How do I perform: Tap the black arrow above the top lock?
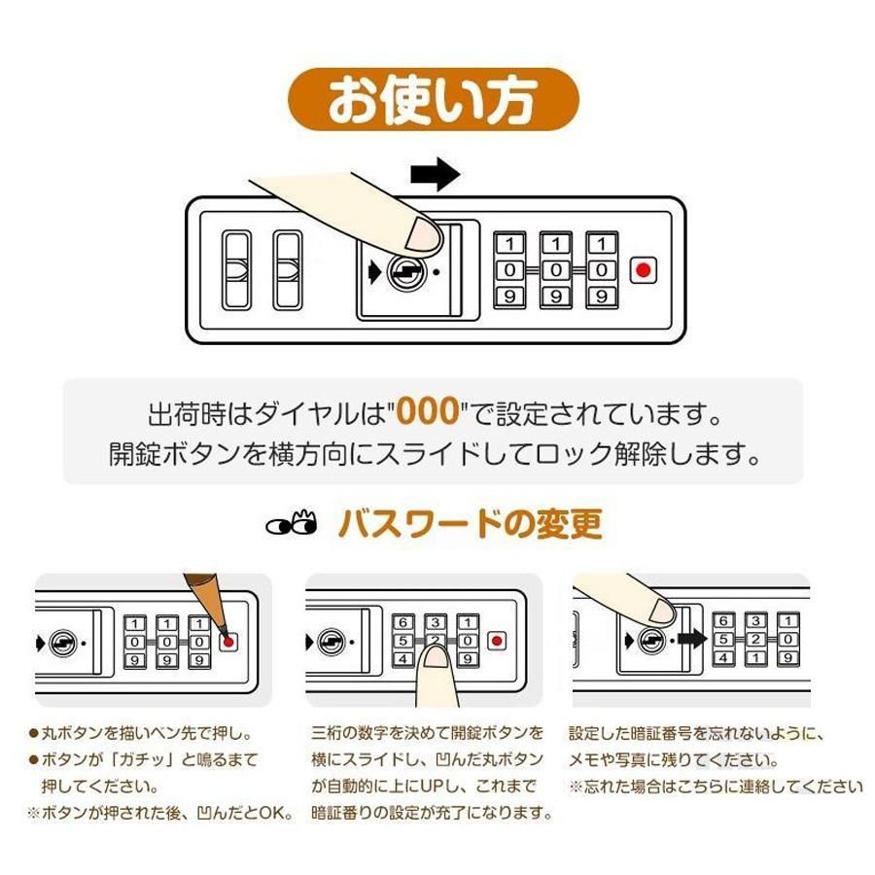pyautogui.click(x=434, y=175)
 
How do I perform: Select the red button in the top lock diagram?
pyautogui.click(x=643, y=269)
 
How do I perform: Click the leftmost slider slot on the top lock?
pyautogui.click(x=237, y=269)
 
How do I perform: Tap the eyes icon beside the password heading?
pyautogui.click(x=292, y=524)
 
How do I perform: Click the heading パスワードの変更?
pyautogui.click(x=470, y=524)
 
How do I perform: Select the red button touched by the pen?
pyautogui.click(x=229, y=641)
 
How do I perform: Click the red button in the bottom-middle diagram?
pyautogui.click(x=497, y=641)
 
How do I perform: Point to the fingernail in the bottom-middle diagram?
pyautogui.click(x=435, y=658)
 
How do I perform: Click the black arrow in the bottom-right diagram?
pyautogui.click(x=690, y=639)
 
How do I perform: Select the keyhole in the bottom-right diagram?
pyautogui.click(x=651, y=640)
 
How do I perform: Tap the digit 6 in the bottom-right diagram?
pyautogui.click(x=723, y=620)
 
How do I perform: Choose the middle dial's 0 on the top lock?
pyautogui.click(x=555, y=269)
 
